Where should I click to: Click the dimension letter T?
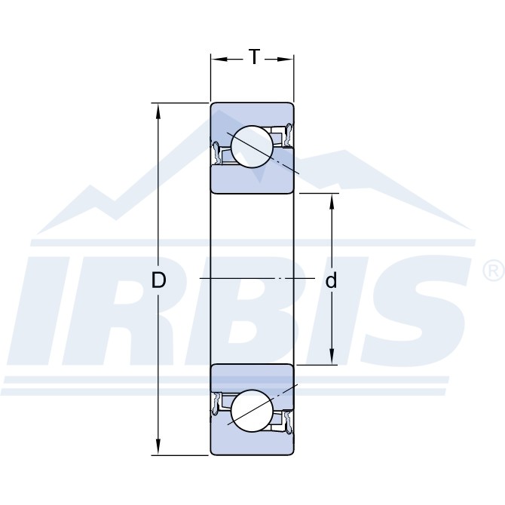255,57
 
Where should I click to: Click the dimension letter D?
158,280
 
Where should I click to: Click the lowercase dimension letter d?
331,280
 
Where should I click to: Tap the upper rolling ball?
252,146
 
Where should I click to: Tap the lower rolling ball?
252,411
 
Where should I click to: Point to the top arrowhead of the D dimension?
158,111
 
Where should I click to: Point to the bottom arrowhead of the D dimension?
158,447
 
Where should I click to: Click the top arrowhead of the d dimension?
332,201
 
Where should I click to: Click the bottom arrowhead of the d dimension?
332,357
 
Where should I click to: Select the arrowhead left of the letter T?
219,60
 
